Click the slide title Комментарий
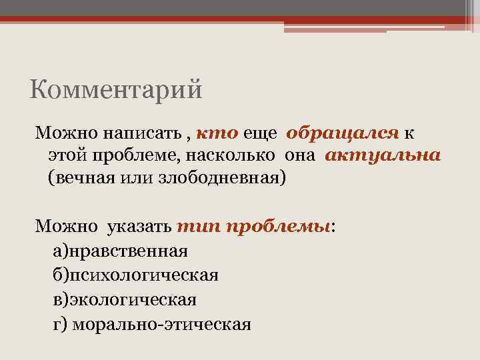click(116, 88)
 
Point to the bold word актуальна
click(383, 155)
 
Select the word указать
click(139, 227)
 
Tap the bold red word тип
click(198, 227)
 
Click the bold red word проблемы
click(278, 227)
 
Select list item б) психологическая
click(135, 275)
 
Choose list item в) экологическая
click(124, 299)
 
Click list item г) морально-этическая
click(151, 324)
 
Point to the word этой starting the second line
click(63, 156)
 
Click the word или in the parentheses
click(139, 179)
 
